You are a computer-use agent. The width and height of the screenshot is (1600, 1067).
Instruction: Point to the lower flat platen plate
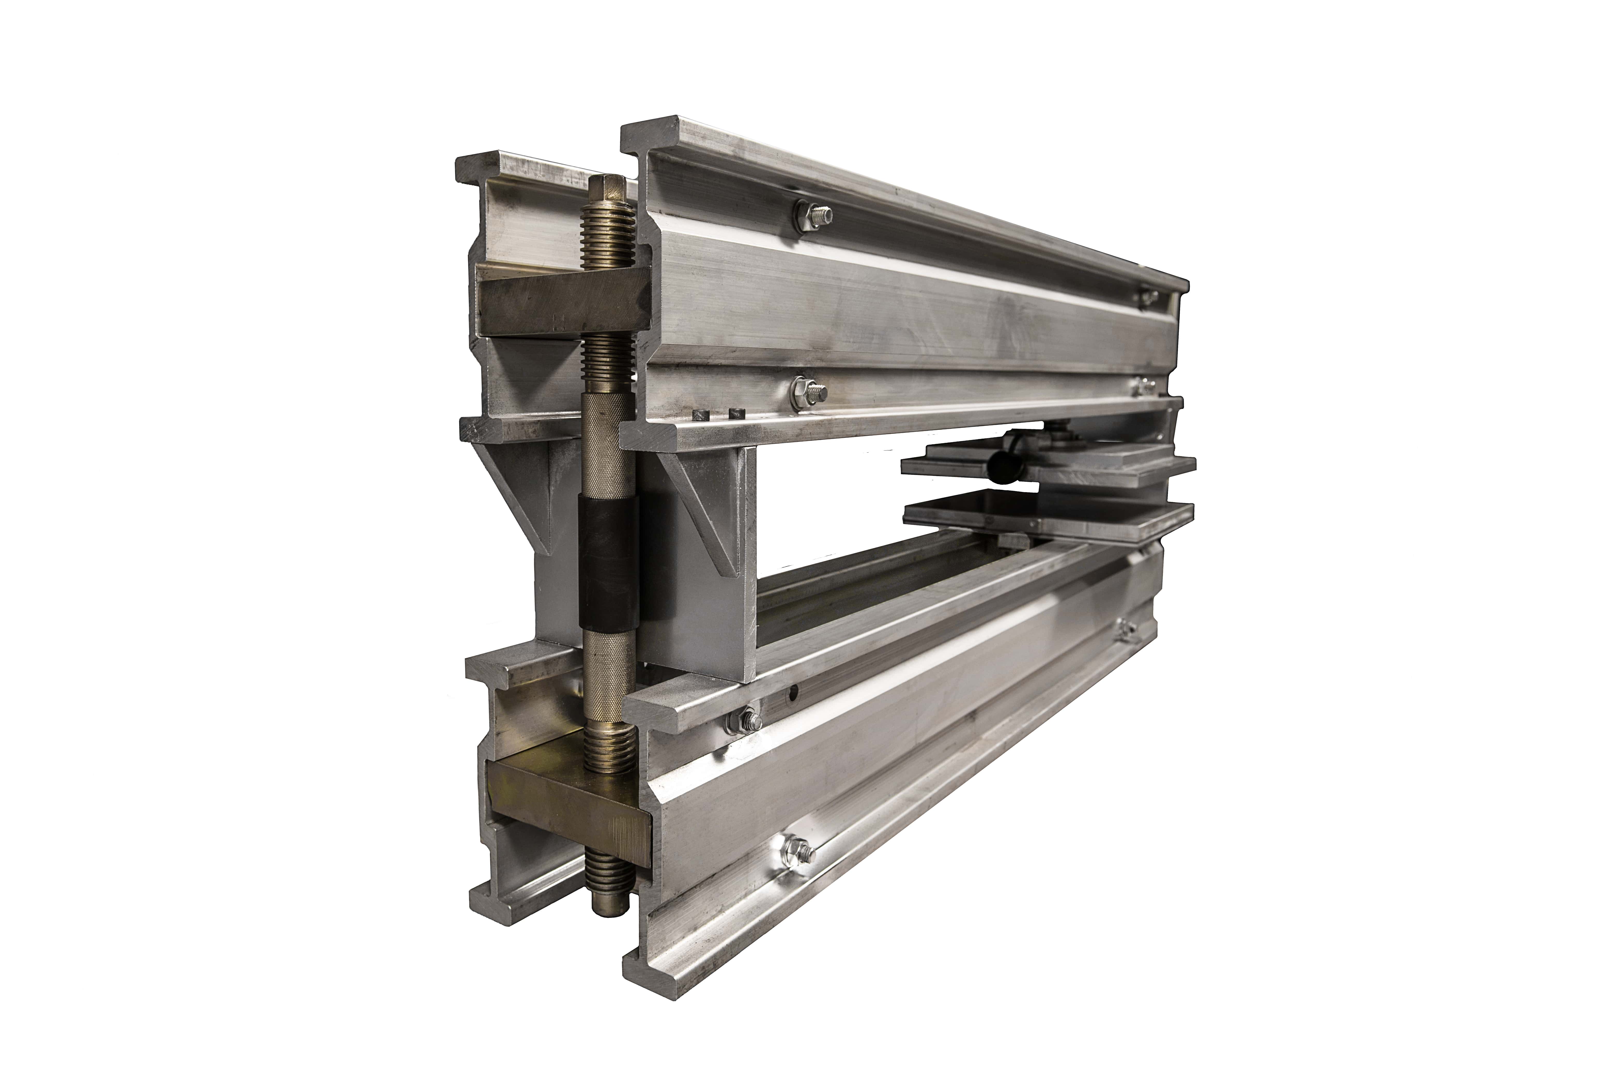(x=1048, y=517)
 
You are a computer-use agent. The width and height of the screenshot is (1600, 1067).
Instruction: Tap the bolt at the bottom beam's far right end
(x=1127, y=631)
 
